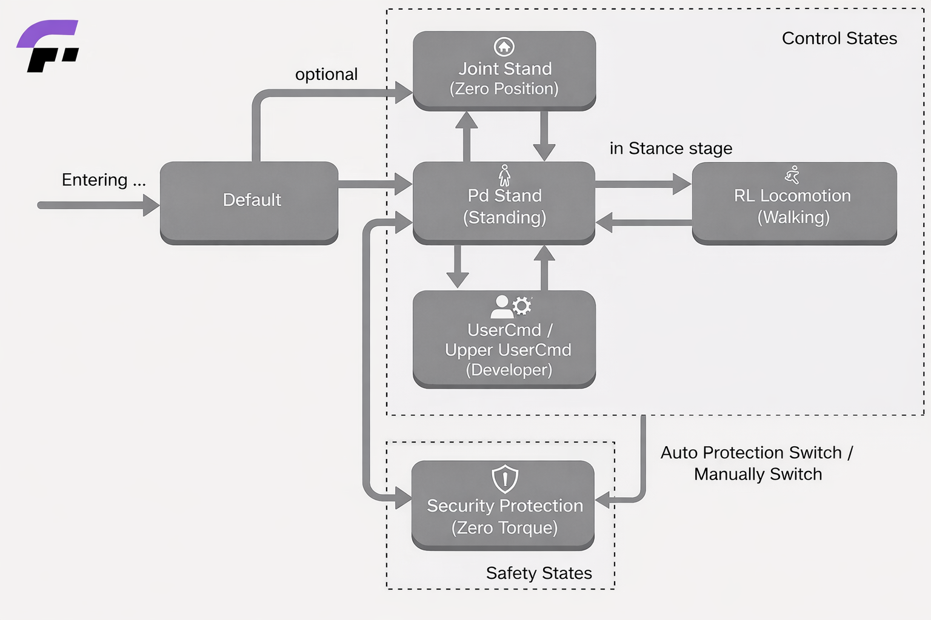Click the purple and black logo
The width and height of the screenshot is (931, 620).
point(48,46)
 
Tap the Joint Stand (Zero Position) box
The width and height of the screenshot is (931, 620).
point(504,70)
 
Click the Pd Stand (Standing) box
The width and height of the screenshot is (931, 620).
point(504,203)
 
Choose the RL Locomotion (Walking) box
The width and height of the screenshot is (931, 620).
point(794,203)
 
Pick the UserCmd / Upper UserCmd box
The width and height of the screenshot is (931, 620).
point(504,339)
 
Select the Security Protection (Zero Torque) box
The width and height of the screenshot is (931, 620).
point(503,506)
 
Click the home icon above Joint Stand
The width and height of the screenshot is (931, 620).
point(504,47)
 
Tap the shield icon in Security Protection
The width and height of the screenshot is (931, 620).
point(505,479)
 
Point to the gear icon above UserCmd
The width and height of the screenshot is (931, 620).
point(522,306)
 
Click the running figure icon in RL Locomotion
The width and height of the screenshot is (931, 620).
point(792,175)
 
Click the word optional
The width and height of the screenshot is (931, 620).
point(326,74)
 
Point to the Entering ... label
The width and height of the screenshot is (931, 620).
point(104,180)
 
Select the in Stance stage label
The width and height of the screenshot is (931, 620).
point(671,148)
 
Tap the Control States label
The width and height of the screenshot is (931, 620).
point(839,38)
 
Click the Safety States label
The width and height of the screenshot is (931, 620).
point(539,573)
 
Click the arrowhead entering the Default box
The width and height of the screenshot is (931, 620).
point(152,205)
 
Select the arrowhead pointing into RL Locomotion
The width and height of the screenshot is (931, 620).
point(682,184)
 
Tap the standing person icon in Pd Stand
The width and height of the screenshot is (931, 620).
point(504,175)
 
